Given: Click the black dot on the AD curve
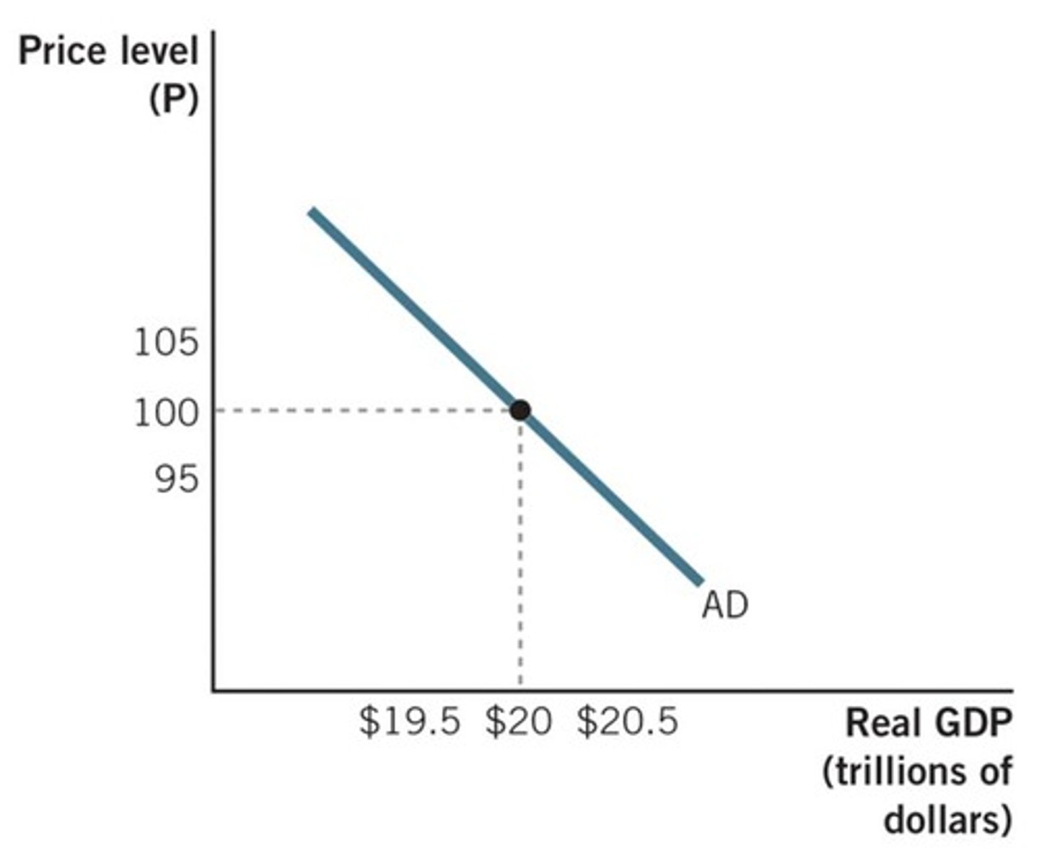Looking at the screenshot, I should pyautogui.click(x=519, y=410).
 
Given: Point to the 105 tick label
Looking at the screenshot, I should pyautogui.click(x=166, y=343).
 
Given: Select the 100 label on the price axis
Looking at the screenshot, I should pyautogui.click(x=166, y=413).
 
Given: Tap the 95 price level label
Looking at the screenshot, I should pyautogui.click(x=176, y=477).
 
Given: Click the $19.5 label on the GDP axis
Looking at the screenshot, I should pyautogui.click(x=409, y=721).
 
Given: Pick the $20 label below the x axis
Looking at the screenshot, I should pyautogui.click(x=518, y=721).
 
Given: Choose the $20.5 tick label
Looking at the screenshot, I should pyautogui.click(x=627, y=721).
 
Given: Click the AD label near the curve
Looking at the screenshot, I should pyautogui.click(x=724, y=605).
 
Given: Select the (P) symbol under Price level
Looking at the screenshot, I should pyautogui.click(x=173, y=100).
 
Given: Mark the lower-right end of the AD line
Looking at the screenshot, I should pyautogui.click(x=698, y=581).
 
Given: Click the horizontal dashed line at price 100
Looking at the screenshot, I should pyautogui.click(x=361, y=411).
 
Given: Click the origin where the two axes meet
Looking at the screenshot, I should pyautogui.click(x=214, y=690).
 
